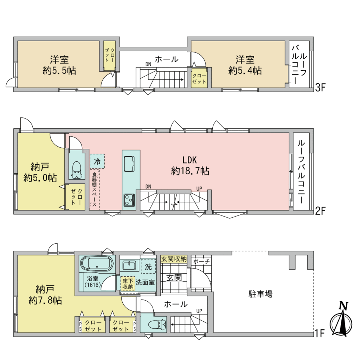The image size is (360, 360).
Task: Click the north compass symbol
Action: pos(341,320)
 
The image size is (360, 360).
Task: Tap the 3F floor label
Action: pos(320,88)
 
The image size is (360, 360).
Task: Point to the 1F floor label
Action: pos(319,333)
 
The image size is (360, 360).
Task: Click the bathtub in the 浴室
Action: pos(97,264)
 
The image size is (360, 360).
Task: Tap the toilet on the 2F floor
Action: pos(76,170)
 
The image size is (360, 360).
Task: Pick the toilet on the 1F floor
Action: pos(157,324)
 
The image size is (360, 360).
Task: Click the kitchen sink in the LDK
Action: pos(129,164)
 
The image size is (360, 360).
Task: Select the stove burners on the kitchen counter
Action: pos(129,200)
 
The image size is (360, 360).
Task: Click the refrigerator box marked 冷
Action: pos(97,161)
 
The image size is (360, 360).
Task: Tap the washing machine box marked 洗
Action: pos(148,266)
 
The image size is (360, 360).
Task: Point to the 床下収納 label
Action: pos(128,284)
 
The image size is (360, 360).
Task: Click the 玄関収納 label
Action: pos(174,259)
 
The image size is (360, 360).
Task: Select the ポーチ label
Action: pos(201,261)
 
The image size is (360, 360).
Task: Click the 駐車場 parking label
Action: pos(261,294)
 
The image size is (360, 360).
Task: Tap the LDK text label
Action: pos(189,160)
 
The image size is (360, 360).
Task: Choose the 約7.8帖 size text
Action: pos(45,301)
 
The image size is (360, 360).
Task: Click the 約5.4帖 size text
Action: pos(245,70)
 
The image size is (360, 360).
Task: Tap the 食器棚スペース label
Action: pos(94,189)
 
